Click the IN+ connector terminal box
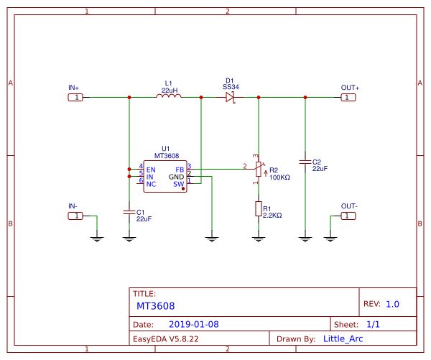(75, 97)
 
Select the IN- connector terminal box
(75, 216)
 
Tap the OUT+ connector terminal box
(348, 97)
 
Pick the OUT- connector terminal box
(348, 216)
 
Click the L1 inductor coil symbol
(169, 96)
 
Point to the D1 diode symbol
(231, 97)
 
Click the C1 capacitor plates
(129, 212)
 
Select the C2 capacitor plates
(305, 162)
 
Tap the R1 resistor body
(259, 208)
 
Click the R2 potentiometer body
(259, 169)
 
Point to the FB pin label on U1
(180, 170)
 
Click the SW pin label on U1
(179, 184)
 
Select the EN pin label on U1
(151, 170)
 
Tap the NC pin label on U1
(151, 184)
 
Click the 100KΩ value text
(279, 177)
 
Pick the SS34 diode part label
(231, 87)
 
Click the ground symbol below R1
(259, 239)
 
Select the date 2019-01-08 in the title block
(194, 324)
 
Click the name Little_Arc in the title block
(343, 339)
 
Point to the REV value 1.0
(392, 304)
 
